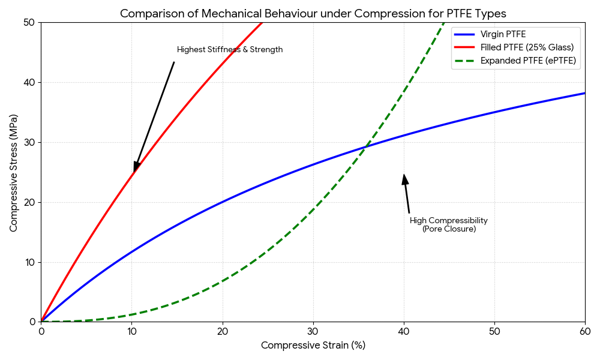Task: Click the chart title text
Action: click(x=313, y=13)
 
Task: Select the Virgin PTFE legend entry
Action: click(x=503, y=34)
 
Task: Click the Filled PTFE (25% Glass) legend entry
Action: click(x=527, y=47)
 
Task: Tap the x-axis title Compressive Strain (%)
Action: click(x=313, y=346)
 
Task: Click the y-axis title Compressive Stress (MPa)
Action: click(x=13, y=172)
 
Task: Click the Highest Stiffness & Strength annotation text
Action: click(x=230, y=50)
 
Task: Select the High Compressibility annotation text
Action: click(x=449, y=221)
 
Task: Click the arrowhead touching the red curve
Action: click(x=136, y=167)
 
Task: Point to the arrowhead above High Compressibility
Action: click(x=405, y=179)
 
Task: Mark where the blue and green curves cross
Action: click(x=365, y=146)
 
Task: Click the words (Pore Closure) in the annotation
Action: click(x=449, y=229)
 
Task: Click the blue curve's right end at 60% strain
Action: click(x=584, y=93)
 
